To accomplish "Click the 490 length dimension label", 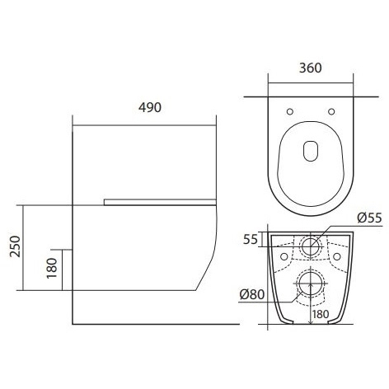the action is coord(150,107).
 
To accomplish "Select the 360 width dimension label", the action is coord(310,68).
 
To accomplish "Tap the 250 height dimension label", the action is coord(16,246).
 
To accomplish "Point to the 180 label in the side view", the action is coord(52,268).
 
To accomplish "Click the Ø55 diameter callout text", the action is coord(369,218).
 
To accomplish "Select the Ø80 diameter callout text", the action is coord(252,295).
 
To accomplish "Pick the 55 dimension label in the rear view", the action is coord(251,240).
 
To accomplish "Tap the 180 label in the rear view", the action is coord(321,314).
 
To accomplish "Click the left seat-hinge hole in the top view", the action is coord(290,111).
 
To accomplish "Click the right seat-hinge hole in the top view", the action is coord(331,111).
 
